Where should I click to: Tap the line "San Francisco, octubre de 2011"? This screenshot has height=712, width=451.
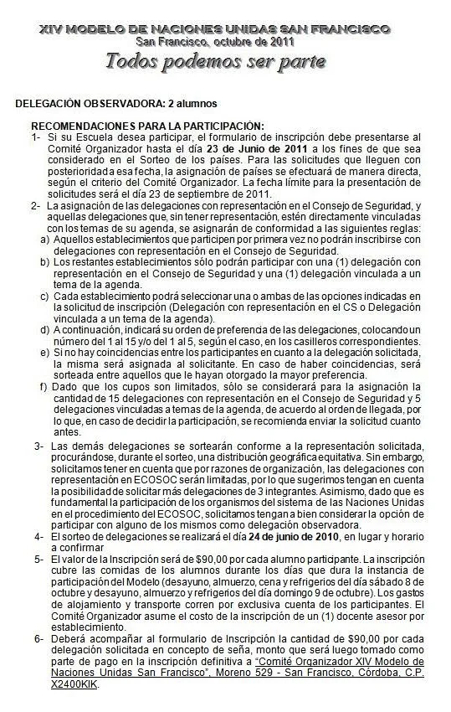214,40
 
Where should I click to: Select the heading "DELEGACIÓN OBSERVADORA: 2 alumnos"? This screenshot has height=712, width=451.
116,104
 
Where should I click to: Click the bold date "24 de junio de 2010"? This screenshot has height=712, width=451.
259,536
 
